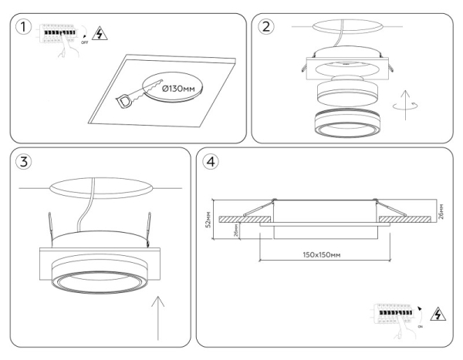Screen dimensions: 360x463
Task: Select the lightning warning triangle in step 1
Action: point(97,33)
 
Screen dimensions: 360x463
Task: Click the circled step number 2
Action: point(267,27)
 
